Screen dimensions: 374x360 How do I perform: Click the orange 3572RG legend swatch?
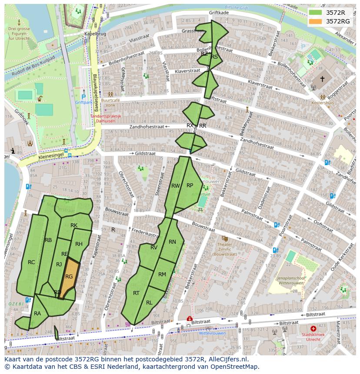pos(316,21)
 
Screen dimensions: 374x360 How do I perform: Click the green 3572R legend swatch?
pos(316,13)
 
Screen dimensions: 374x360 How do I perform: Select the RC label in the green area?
pos(31,262)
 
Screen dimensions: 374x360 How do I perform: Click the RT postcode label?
pos(136,293)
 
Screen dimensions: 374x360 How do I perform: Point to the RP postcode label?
pos(190,185)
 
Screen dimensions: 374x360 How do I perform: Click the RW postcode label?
pos(175,186)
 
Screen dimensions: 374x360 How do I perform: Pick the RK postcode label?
pos(74,225)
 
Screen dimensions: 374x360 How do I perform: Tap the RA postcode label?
pos(37,314)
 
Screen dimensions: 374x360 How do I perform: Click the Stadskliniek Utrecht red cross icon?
pos(313,329)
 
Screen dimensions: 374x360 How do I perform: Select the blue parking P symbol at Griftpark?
pos(83,97)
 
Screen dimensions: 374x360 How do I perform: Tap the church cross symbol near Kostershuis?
pos(322,79)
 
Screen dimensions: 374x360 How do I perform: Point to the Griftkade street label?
pos(218,13)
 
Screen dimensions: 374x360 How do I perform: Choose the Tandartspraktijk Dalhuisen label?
pos(106,119)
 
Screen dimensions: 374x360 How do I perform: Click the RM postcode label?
pos(162,275)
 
